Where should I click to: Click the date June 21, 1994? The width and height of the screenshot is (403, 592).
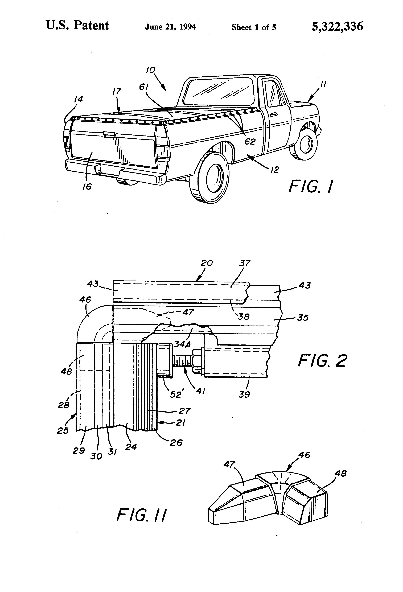pyautogui.click(x=170, y=27)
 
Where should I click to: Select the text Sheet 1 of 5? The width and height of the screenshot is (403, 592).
pyautogui.click(x=254, y=27)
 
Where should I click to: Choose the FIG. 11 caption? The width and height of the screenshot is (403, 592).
pyautogui.click(x=142, y=515)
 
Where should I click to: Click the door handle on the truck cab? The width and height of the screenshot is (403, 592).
pyautogui.click(x=274, y=115)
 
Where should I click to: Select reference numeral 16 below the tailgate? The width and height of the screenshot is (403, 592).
pyautogui.click(x=87, y=187)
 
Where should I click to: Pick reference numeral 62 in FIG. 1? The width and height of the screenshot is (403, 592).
pyautogui.click(x=250, y=142)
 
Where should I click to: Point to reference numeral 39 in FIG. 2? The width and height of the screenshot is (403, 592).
pyautogui.click(x=244, y=395)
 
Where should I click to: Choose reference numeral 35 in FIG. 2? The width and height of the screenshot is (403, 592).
pyautogui.click(x=303, y=318)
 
